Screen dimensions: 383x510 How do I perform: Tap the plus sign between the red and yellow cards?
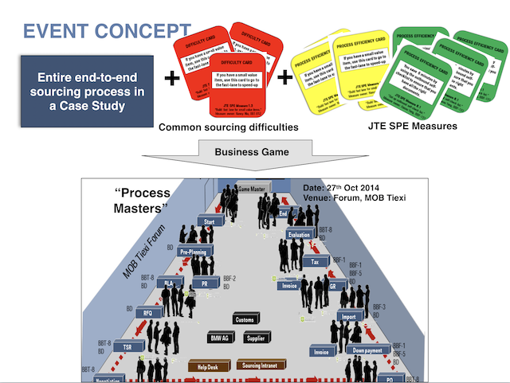[284, 78]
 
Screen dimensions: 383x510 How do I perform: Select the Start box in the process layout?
[210, 221]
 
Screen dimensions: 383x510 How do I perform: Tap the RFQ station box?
[148, 313]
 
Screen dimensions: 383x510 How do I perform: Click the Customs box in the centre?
[244, 319]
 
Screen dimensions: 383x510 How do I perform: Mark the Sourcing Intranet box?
[262, 366]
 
